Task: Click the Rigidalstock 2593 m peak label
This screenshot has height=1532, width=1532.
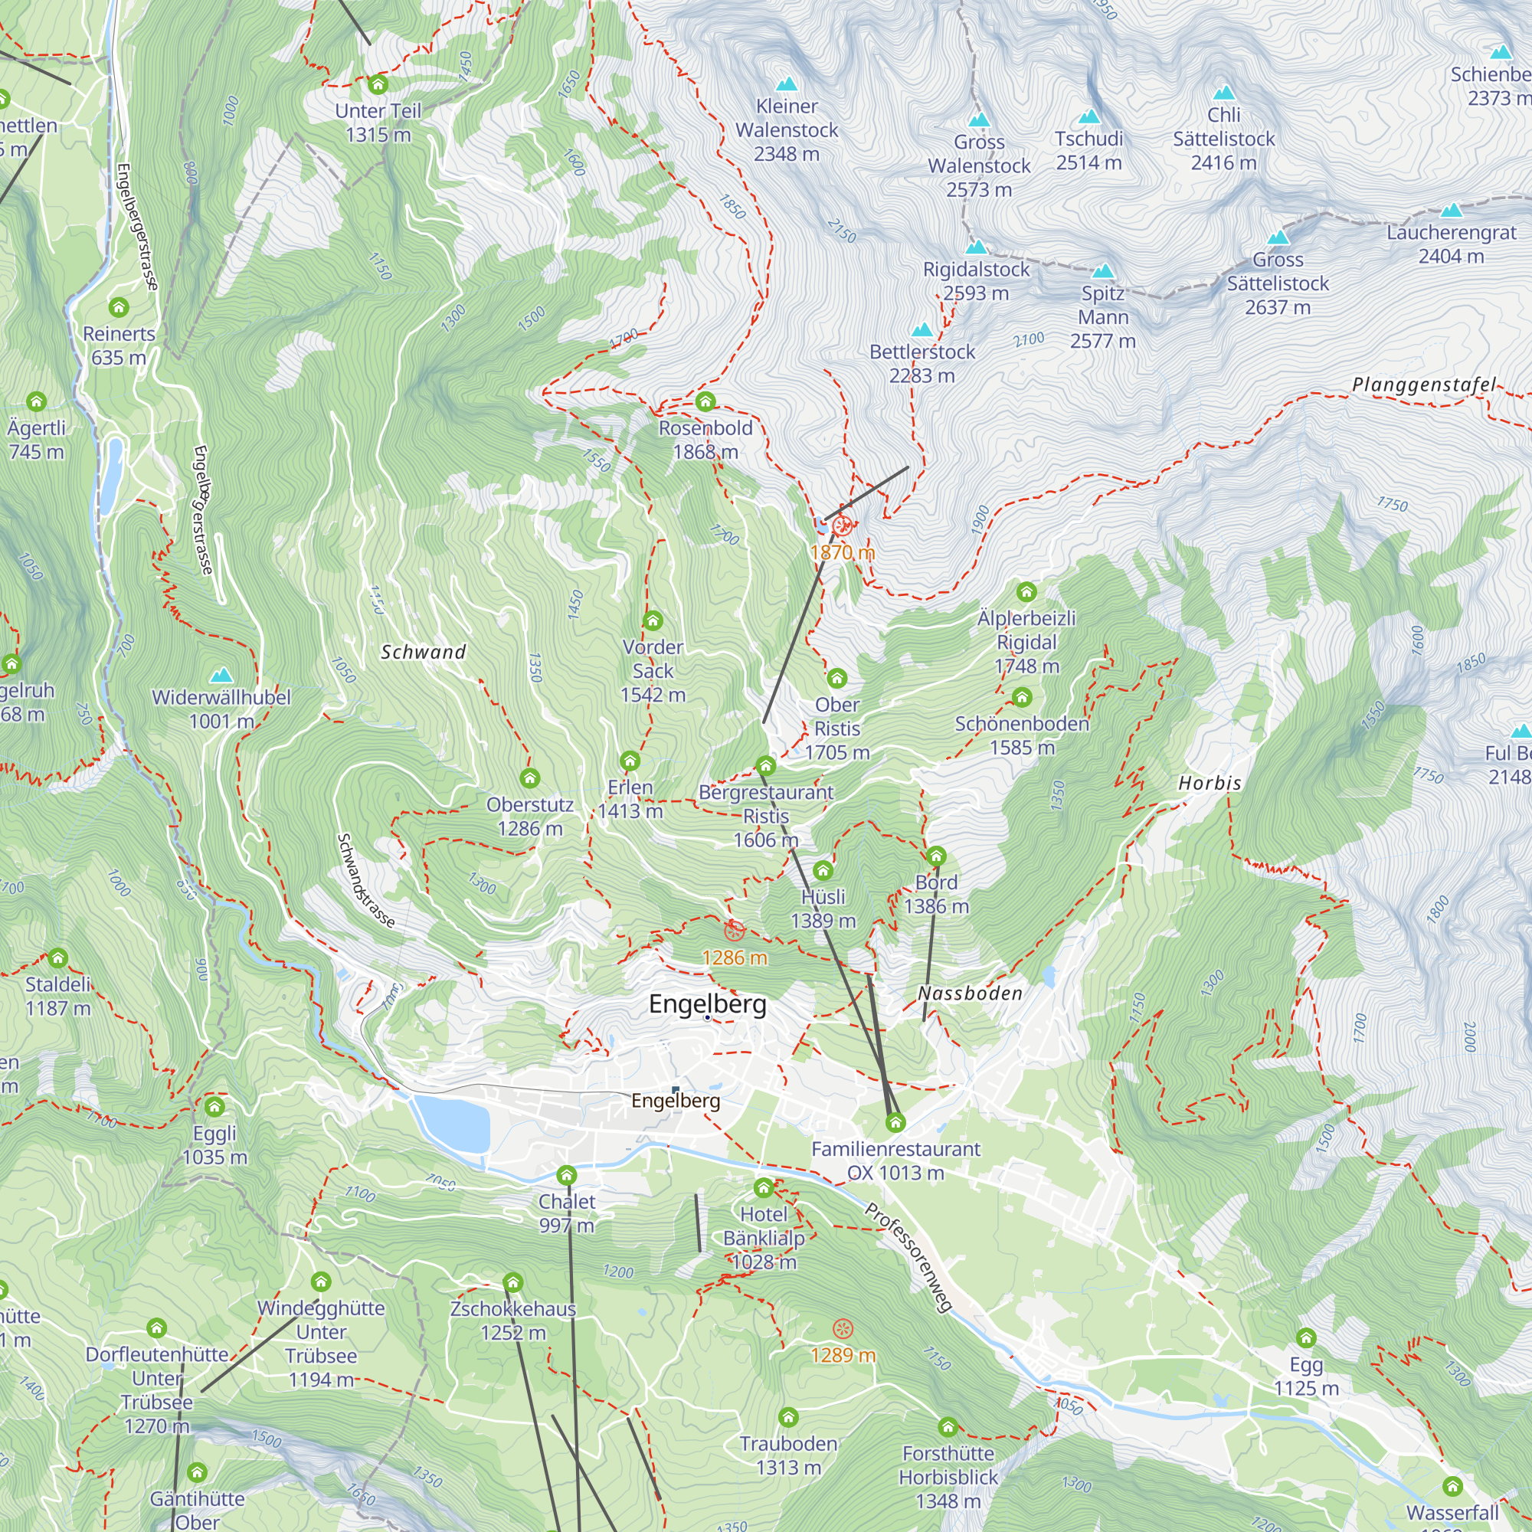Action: pyautogui.click(x=976, y=281)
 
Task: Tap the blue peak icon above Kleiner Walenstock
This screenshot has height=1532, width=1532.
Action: pyautogui.click(x=787, y=83)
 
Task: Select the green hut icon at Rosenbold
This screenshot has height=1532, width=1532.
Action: pyautogui.click(x=705, y=402)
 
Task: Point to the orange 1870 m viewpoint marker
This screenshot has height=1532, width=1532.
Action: pyautogui.click(x=842, y=525)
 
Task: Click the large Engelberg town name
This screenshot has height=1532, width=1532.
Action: pyautogui.click(x=707, y=1004)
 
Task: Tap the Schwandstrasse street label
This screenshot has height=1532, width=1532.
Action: pyautogui.click(x=365, y=880)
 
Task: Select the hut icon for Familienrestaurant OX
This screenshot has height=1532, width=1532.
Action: pyautogui.click(x=895, y=1122)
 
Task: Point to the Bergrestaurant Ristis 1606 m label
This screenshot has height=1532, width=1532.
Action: pyautogui.click(x=765, y=816)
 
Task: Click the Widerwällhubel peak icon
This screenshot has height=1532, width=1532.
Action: pyautogui.click(x=221, y=676)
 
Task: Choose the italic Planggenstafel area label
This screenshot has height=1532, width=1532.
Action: pyautogui.click(x=1423, y=385)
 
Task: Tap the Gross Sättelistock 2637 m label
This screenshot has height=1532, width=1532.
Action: pyautogui.click(x=1278, y=283)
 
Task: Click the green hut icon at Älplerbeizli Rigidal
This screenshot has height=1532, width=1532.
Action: pyautogui.click(x=1026, y=591)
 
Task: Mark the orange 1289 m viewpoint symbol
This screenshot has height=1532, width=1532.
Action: pyautogui.click(x=843, y=1328)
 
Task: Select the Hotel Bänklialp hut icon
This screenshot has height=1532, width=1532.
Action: pyautogui.click(x=763, y=1188)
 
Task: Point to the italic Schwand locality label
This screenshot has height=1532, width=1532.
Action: pyautogui.click(x=423, y=652)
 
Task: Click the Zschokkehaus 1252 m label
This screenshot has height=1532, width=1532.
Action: pyautogui.click(x=513, y=1321)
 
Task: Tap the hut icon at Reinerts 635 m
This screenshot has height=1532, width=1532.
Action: pyautogui.click(x=119, y=307)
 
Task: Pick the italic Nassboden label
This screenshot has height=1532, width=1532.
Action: pyautogui.click(x=970, y=994)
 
